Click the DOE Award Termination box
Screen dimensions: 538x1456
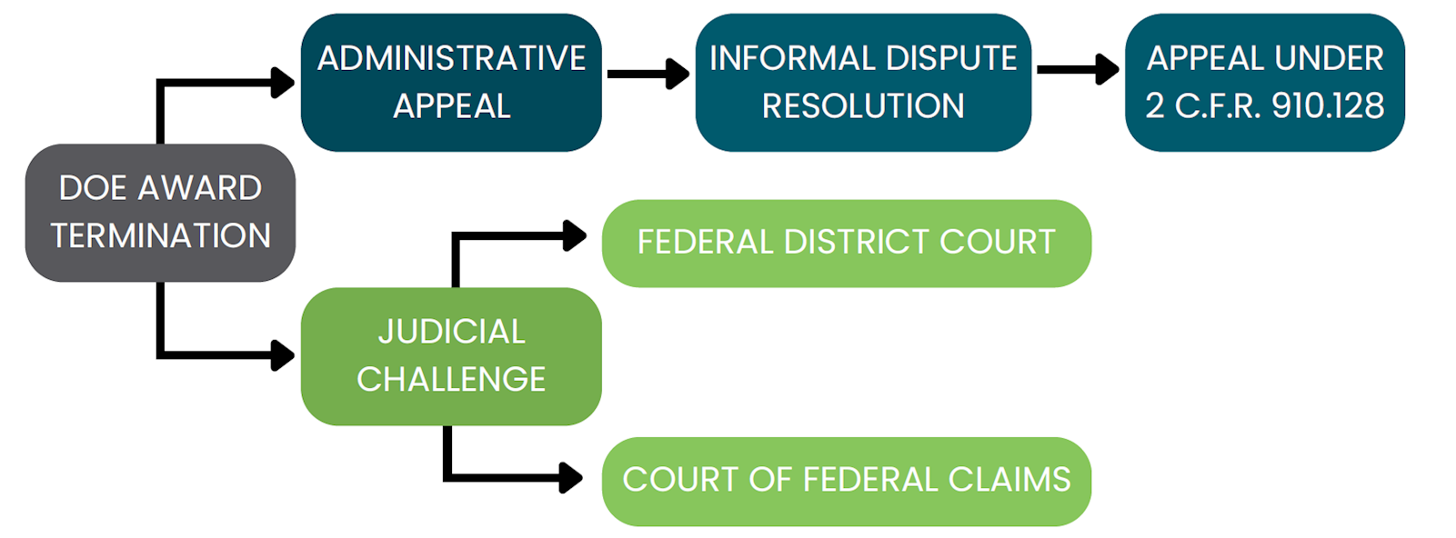tap(160, 213)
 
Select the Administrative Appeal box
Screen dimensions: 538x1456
tap(451, 83)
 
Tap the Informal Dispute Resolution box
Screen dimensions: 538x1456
tap(863, 83)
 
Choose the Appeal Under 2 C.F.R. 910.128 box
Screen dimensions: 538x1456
tap(1264, 83)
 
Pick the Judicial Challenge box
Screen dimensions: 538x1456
tap(451, 356)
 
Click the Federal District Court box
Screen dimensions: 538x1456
tap(846, 244)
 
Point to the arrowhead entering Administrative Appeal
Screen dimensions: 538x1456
tap(284, 83)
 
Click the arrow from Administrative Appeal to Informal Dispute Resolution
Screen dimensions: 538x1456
tap(648, 74)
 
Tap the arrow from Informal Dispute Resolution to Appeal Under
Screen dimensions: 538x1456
tap(1078, 69)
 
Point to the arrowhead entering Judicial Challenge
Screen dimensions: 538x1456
tap(284, 354)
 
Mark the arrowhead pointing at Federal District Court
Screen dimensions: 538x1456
tap(575, 236)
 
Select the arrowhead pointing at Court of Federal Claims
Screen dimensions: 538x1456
tap(571, 477)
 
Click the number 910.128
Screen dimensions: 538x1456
tap(1328, 106)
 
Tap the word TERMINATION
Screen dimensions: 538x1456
tap(161, 236)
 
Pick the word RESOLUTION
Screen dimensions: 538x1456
tap(863, 106)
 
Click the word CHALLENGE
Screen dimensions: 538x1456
tap(451, 380)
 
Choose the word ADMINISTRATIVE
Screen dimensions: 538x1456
tap(451, 59)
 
